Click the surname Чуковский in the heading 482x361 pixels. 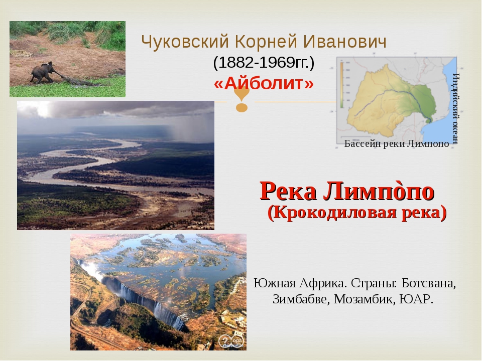pyautogui.click(x=185, y=42)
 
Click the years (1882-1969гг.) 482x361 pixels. pyautogui.click(x=264, y=63)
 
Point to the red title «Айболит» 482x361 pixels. pyautogui.click(x=264, y=83)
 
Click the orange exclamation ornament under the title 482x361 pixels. pyautogui.click(x=242, y=99)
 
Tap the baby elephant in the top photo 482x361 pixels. pyautogui.click(x=42, y=72)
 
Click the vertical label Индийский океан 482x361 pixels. pyautogui.click(x=456, y=108)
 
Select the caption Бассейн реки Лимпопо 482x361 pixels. pyautogui.click(x=397, y=144)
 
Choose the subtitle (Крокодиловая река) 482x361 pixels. pyautogui.click(x=357, y=212)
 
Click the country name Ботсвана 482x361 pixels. pyautogui.click(x=428, y=283)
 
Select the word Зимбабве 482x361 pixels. pyautogui.click(x=301, y=299)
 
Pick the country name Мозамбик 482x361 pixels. pyautogui.click(x=365, y=299)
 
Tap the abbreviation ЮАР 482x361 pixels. pyautogui.click(x=416, y=299)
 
